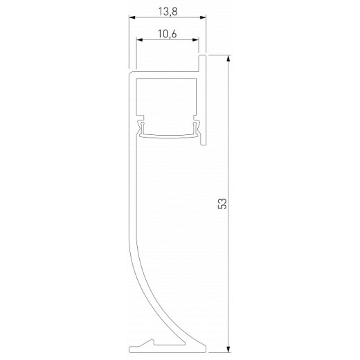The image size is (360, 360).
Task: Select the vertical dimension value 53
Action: click(222, 203)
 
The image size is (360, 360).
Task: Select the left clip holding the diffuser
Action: click(142, 127)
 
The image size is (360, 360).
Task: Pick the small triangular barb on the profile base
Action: click(148, 343)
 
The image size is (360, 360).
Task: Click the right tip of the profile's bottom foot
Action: click(206, 350)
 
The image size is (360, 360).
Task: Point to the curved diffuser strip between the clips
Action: click(168, 134)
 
